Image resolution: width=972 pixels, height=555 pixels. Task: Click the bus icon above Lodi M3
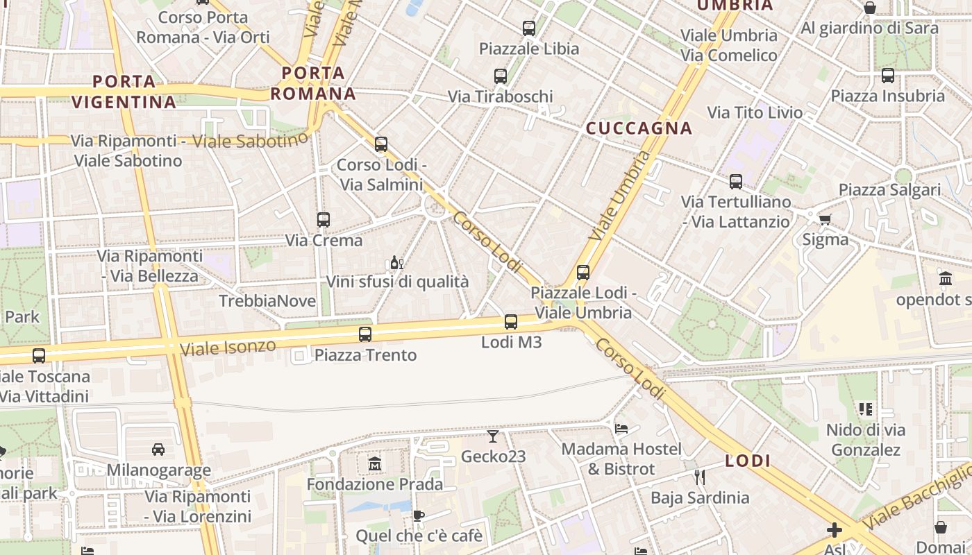[511, 322]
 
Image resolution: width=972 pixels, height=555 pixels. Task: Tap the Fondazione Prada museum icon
[375, 463]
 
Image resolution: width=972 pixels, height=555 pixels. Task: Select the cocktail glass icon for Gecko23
[493, 436]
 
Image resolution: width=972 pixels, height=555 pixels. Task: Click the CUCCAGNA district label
[639, 128]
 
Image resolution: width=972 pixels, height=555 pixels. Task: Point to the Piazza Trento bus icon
[365, 334]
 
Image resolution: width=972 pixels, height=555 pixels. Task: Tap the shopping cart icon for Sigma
[825, 220]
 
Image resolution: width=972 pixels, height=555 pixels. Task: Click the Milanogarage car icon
[158, 449]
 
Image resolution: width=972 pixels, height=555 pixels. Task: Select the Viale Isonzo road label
[228, 346]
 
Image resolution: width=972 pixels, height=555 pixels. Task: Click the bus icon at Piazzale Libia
[529, 28]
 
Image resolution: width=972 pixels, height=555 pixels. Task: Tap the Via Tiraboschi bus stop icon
[501, 76]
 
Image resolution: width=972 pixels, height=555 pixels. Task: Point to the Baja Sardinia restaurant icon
[700, 477]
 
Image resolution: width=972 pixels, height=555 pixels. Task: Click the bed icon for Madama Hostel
[621, 429]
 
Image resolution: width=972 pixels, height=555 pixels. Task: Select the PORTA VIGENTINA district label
[124, 92]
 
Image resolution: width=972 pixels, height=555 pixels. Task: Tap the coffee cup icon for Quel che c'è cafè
[418, 515]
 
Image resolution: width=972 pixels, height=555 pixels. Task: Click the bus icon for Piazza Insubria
[888, 76]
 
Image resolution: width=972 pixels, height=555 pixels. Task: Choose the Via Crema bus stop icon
[324, 220]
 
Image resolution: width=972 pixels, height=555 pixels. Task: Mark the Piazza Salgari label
[889, 190]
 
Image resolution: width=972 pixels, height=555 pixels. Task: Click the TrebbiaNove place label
[267, 301]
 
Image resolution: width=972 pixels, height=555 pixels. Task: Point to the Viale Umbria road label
[621, 196]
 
